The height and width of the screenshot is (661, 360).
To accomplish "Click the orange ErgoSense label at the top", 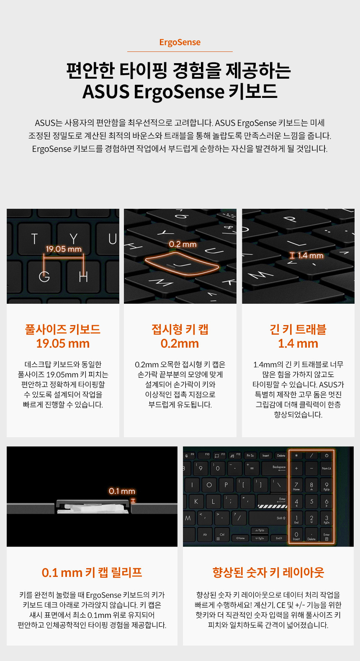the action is click(180, 42).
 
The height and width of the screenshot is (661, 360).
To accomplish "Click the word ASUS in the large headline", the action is click(106, 92).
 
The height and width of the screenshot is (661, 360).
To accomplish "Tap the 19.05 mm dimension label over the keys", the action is click(64, 249).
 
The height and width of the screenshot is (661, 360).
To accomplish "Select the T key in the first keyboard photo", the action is click(35, 239).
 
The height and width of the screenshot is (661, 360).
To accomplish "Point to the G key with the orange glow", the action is click(44, 277).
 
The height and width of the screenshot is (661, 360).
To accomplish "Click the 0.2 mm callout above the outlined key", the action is click(183, 244).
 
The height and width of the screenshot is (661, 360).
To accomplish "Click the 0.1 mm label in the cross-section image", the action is click(122, 491).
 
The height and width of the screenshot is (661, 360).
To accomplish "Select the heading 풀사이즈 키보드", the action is click(63, 329).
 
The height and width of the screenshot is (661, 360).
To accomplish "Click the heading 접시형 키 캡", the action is click(180, 329).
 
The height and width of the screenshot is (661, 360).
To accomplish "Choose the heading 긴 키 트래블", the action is click(298, 329).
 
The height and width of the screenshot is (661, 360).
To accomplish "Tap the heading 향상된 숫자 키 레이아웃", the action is click(268, 572).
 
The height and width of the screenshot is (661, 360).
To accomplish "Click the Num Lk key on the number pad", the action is click(327, 468).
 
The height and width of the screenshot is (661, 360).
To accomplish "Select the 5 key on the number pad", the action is click(311, 501).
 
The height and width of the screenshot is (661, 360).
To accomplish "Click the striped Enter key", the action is click(272, 501).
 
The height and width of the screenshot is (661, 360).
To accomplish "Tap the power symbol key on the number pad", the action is click(327, 456).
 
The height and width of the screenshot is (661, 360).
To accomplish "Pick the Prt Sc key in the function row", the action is click(250, 456).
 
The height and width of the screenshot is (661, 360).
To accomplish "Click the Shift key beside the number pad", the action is click(268, 518).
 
